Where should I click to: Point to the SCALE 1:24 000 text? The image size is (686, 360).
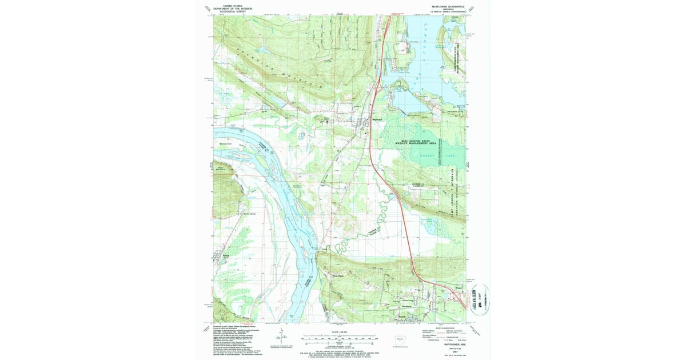tap(340, 331)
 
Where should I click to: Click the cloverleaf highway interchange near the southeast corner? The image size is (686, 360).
tap(458, 295)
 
